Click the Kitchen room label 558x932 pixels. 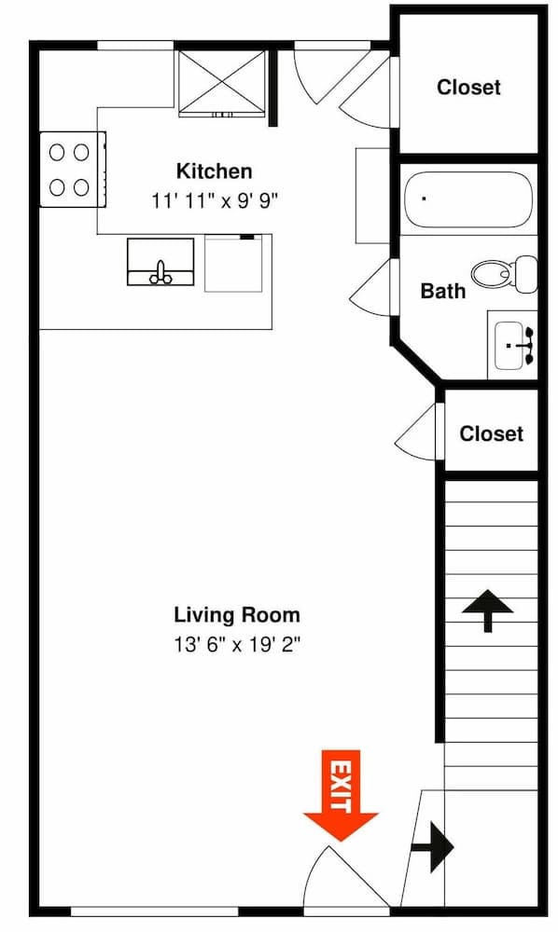point(214,171)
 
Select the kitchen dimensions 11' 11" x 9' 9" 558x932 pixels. point(214,199)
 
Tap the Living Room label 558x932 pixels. point(237,614)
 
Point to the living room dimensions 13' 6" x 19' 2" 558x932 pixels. point(237,643)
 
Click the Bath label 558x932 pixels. point(442,291)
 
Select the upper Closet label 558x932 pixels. point(468,88)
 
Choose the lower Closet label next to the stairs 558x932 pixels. point(491,433)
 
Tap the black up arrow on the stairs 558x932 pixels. point(487,610)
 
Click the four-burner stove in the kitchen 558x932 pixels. point(70,169)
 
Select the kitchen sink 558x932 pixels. point(160,262)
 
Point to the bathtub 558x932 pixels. point(467,199)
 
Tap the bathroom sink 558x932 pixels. point(513,346)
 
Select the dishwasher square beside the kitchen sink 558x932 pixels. point(232,264)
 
